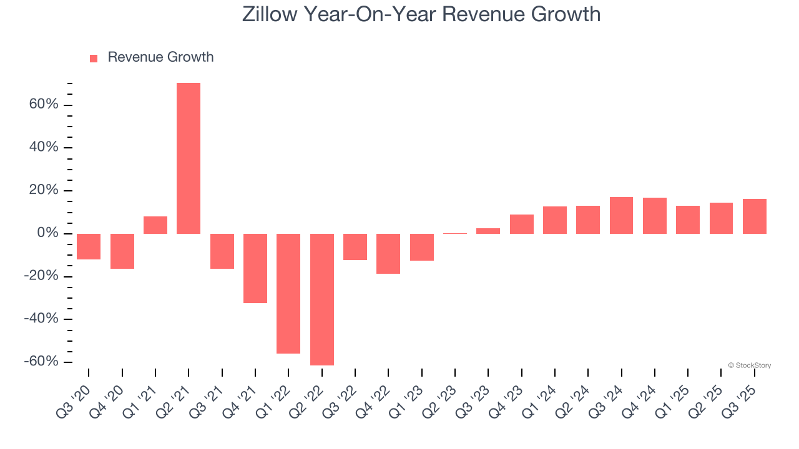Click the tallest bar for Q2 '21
(x=189, y=158)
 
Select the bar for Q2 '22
(x=321, y=299)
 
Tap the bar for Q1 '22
(x=288, y=293)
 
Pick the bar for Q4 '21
(x=255, y=268)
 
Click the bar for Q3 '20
(x=89, y=246)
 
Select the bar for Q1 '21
(x=155, y=225)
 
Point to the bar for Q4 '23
(x=521, y=224)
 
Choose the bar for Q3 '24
(x=621, y=215)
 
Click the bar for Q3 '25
(x=754, y=216)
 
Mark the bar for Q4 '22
(x=388, y=253)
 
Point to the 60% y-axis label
(x=44, y=104)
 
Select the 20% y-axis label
(x=44, y=190)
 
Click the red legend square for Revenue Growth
(x=94, y=58)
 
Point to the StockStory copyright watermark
(x=749, y=365)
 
